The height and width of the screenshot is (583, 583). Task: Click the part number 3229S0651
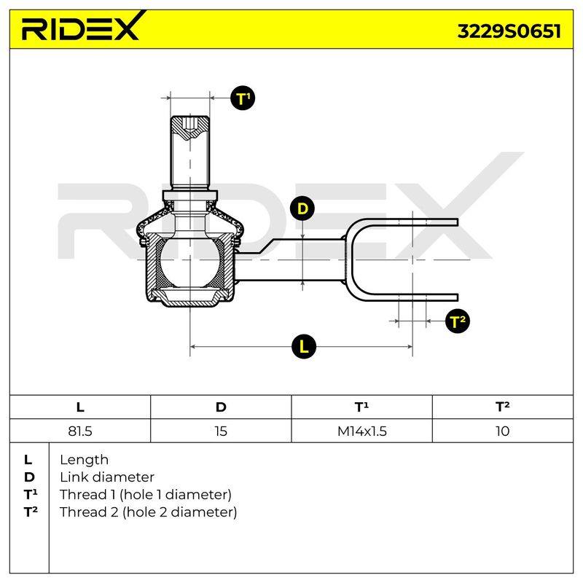tap(509, 31)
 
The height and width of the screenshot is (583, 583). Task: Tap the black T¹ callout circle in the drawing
tap(243, 98)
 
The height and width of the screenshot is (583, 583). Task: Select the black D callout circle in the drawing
tap(302, 208)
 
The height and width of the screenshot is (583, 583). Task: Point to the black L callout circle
tap(304, 347)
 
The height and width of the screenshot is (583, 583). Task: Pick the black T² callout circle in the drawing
tap(458, 321)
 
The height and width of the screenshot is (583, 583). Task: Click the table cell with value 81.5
tap(80, 431)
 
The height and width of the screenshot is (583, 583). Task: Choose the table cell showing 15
tap(221, 431)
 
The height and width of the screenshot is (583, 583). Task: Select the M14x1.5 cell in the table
tap(361, 431)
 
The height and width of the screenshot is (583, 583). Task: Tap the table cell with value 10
tap(503, 431)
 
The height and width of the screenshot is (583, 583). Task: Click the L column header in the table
tap(80, 407)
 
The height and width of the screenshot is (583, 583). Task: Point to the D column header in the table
tap(221, 407)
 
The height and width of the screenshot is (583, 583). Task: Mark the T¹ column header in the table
tap(361, 407)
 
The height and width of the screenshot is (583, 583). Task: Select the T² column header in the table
tap(503, 407)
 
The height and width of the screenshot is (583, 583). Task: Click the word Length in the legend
tap(84, 461)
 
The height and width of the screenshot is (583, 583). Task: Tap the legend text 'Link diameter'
tap(107, 477)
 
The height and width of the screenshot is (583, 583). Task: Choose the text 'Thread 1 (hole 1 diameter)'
tap(145, 495)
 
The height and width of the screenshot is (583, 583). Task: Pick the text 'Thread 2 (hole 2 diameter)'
tap(148, 512)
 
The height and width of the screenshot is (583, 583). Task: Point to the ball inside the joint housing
tap(189, 262)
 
